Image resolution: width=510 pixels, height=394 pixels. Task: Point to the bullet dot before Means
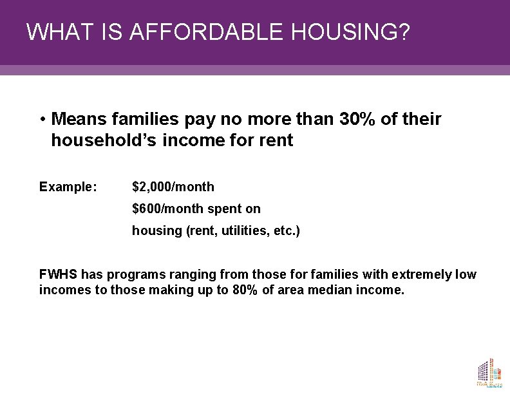pos(42,120)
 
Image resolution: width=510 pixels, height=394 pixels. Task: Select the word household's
pos(104,140)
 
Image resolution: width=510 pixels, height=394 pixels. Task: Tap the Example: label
pos(68,187)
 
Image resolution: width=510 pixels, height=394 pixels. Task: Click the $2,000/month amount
pos(173,187)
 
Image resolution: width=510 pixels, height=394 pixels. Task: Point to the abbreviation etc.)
pos(287,230)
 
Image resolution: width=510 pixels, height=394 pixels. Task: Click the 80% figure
pos(246,290)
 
